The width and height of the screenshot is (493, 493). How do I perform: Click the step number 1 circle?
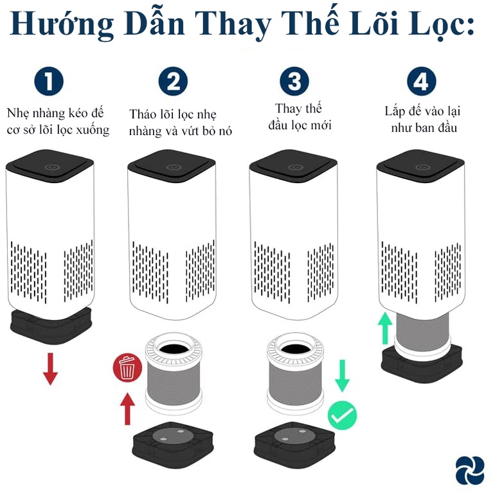tap(49, 82)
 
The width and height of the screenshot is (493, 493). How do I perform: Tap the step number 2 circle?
tap(172, 82)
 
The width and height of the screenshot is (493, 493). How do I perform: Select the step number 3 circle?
tap(294, 82)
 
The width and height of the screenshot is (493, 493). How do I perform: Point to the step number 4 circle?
tap(421, 82)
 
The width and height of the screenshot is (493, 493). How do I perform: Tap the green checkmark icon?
tap(343, 415)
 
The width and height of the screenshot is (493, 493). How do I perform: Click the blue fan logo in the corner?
tap(469, 469)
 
